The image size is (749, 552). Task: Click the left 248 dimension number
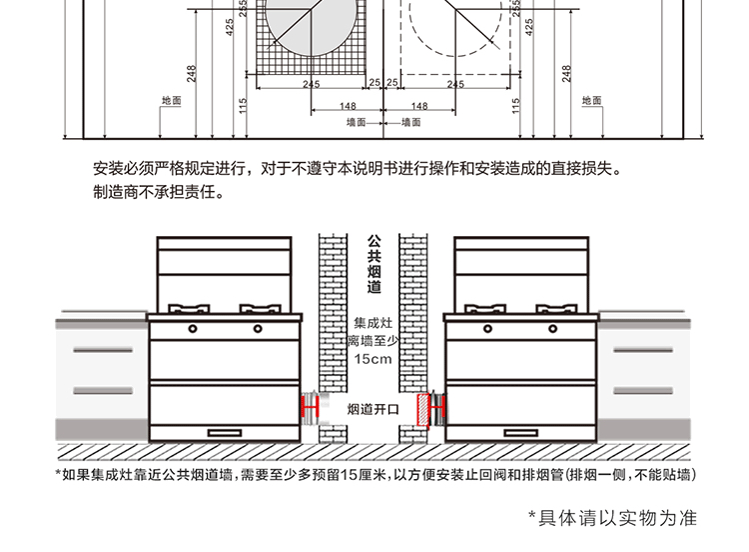(x=191, y=73)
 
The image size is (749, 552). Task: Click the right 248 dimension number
(x=566, y=73)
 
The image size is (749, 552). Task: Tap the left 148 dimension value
(x=348, y=106)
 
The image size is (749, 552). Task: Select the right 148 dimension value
(x=419, y=106)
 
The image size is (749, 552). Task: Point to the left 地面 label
(x=171, y=101)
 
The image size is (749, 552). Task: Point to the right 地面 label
(x=591, y=101)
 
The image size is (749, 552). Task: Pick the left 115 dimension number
(x=243, y=105)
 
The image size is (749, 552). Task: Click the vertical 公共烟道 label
(x=374, y=265)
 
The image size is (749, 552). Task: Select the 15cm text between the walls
(x=374, y=359)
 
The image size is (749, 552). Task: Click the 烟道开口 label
(x=373, y=410)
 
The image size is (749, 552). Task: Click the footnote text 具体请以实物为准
(x=610, y=518)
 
